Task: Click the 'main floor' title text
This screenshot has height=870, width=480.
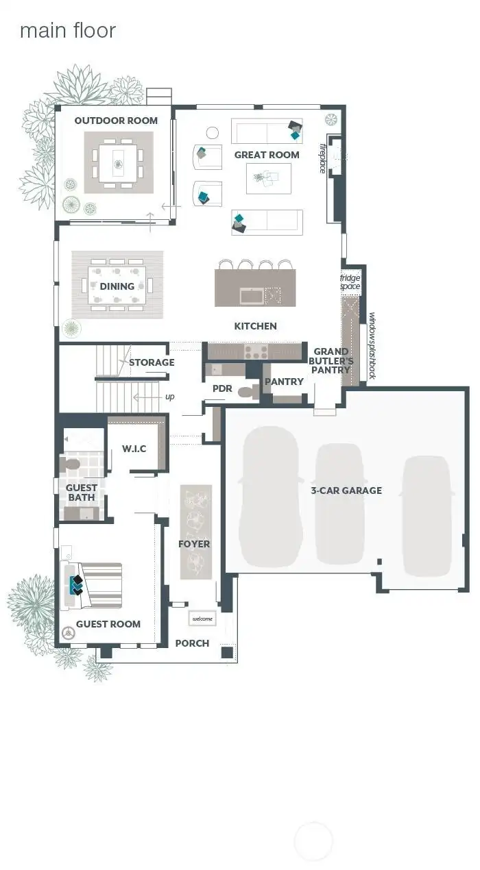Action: click(x=67, y=31)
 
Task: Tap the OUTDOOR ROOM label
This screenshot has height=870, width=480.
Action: click(x=116, y=121)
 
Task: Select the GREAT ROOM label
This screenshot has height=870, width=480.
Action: click(x=267, y=155)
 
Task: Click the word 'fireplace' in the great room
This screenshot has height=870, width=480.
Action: click(x=322, y=158)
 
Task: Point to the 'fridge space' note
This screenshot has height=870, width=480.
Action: click(x=350, y=282)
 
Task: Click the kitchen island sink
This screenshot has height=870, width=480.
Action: click(x=251, y=296)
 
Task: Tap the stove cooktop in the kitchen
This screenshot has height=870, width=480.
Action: click(x=256, y=352)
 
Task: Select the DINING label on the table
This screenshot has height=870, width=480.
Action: click(x=117, y=286)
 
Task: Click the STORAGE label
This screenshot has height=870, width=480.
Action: click(x=152, y=362)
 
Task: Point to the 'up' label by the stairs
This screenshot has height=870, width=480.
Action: click(x=169, y=397)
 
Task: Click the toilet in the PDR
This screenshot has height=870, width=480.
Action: click(x=247, y=392)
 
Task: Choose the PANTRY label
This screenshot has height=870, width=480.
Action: click(x=284, y=382)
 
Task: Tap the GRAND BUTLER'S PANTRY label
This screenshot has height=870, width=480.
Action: click(x=331, y=360)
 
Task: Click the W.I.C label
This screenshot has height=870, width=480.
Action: click(x=134, y=449)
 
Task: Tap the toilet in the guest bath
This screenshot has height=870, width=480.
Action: click(x=70, y=466)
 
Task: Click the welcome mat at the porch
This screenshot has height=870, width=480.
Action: click(x=202, y=619)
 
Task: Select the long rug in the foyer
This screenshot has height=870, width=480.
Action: click(x=195, y=532)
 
